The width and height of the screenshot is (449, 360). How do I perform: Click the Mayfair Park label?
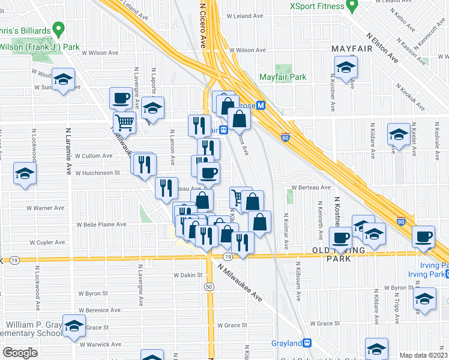(x=283, y=77)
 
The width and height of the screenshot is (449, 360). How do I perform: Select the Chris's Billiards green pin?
(x=58, y=28)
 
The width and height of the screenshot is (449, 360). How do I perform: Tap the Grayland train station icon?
(x=307, y=343)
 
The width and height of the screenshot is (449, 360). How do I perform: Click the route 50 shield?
(x=209, y=287)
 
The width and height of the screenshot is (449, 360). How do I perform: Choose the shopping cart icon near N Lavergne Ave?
(x=124, y=123)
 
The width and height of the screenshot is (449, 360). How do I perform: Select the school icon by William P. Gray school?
(x=74, y=325)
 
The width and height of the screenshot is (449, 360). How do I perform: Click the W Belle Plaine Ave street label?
(x=101, y=224)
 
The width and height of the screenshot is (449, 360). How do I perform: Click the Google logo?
(x=20, y=353)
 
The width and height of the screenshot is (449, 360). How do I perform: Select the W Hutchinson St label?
(x=98, y=173)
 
